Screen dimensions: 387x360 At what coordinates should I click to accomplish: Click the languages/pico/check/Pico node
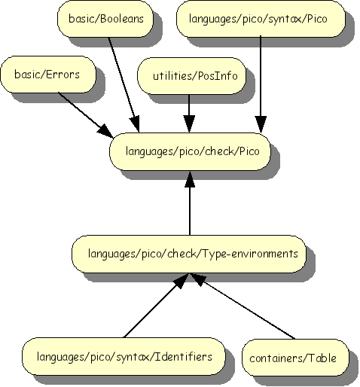pos(191,151)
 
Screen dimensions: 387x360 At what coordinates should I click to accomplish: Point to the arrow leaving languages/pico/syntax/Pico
pos(261,83)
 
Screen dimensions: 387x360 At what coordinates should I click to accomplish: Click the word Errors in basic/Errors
pos(63,75)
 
